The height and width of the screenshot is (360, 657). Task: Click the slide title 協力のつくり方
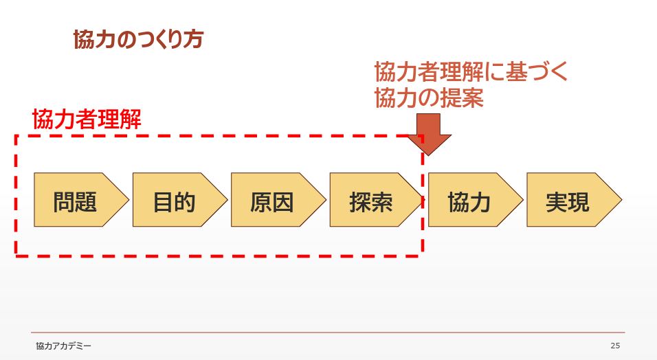coord(137,39)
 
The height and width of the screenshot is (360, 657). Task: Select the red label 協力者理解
coord(87,120)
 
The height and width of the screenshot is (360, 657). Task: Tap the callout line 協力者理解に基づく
coord(471,72)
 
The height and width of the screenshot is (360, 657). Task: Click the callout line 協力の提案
coord(429,98)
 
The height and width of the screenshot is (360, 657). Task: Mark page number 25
coord(614,346)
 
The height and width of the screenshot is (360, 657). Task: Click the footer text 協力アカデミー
coord(63,346)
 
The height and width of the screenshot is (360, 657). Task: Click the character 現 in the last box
coord(579,202)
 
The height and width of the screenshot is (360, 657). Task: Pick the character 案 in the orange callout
coord(473,98)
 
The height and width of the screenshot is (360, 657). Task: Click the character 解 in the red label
coord(131,120)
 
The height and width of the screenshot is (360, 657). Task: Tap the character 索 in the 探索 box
coord(382,202)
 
